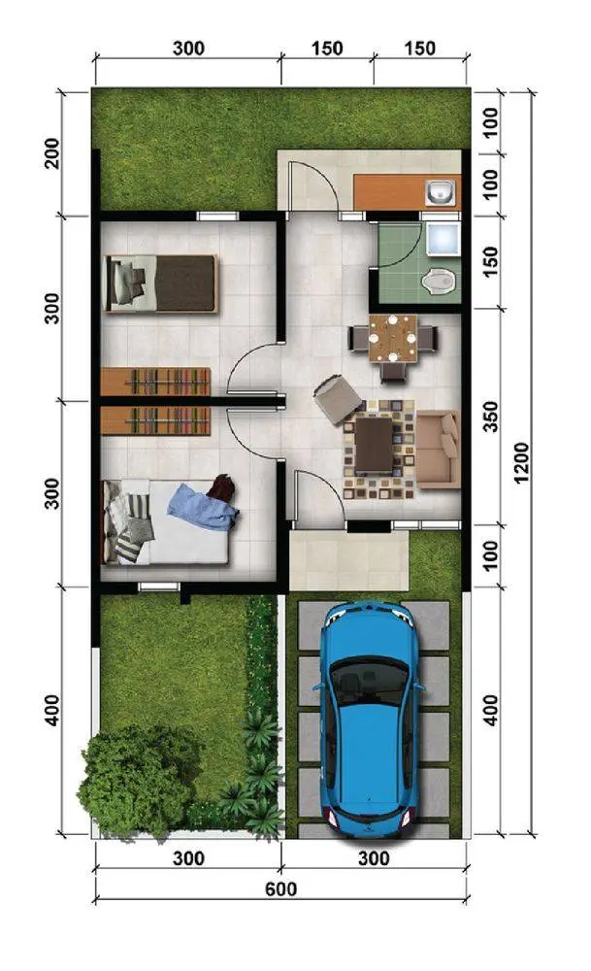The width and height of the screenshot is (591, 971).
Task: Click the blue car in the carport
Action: point(368,718)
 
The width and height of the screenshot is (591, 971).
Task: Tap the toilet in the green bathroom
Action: point(439,281)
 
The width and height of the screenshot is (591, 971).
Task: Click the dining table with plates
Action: point(392,338)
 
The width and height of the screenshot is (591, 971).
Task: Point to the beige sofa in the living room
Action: point(438,449)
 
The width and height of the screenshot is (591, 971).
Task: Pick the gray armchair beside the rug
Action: point(338,399)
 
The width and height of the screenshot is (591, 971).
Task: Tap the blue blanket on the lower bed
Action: point(203,507)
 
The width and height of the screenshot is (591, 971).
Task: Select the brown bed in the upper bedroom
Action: point(161,283)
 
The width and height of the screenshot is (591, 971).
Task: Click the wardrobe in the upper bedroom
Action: point(155,382)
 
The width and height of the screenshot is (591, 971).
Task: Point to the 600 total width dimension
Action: point(281,889)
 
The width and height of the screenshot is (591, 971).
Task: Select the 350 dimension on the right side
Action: point(490,417)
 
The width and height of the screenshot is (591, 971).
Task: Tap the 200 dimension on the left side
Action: point(52,153)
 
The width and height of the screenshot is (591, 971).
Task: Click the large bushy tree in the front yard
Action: point(140,782)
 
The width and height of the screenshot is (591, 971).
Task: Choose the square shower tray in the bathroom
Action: point(443,239)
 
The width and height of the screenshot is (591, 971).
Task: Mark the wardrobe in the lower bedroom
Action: point(155,420)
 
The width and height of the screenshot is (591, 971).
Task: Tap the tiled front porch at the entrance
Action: point(349,560)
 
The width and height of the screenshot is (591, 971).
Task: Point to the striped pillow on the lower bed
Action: point(128,547)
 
